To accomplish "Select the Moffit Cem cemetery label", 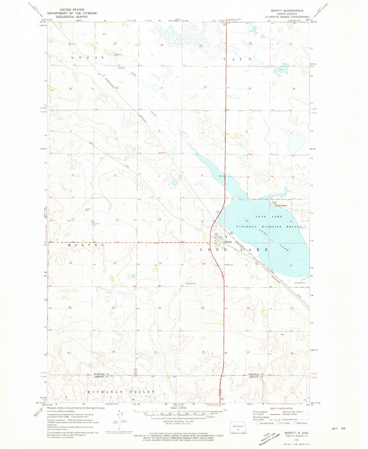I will pyautogui.click(x=229, y=265).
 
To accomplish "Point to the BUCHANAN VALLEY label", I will pyautogui.click(x=121, y=392).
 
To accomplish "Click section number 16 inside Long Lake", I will pyautogui.click(x=247, y=221).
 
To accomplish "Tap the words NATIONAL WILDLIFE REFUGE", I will pyautogui.click(x=269, y=227).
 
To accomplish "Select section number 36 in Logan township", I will pyautogui.click(x=117, y=88).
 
